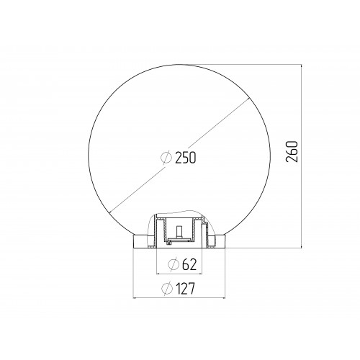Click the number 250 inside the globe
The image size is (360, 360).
coord(186,158)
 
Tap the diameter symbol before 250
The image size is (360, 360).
coord(166,158)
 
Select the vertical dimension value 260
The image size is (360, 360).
coord(292,152)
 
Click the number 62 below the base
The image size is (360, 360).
coord(189,264)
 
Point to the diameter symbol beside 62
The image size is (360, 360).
coord(174,264)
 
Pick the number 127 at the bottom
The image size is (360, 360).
coord(185,289)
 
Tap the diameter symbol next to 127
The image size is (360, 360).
coord(167,289)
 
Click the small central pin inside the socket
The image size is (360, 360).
coord(178,232)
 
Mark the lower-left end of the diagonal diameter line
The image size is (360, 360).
coord(109,212)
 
